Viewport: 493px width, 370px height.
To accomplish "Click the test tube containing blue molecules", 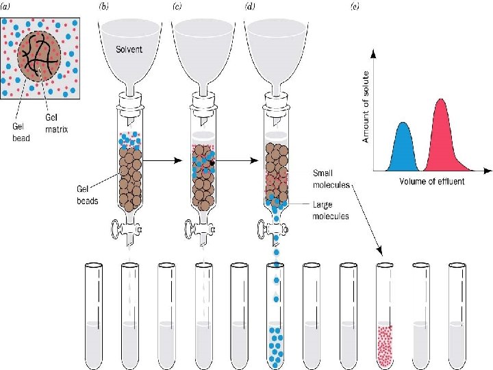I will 276,315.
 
